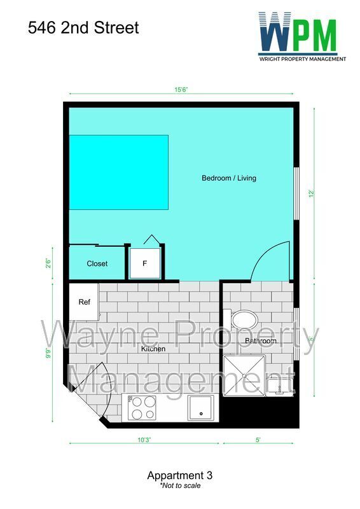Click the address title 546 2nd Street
click(83, 28)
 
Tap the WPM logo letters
click(298, 35)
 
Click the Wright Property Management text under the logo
click(302, 59)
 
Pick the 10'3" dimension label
click(144, 439)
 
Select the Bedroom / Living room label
click(229, 178)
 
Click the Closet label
click(97, 263)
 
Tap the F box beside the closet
click(145, 263)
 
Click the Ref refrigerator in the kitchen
click(85, 302)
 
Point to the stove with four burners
click(142, 408)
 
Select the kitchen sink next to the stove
click(203, 407)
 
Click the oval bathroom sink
click(242, 319)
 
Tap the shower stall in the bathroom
click(244, 376)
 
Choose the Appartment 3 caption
click(179, 475)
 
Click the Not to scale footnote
click(180, 485)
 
